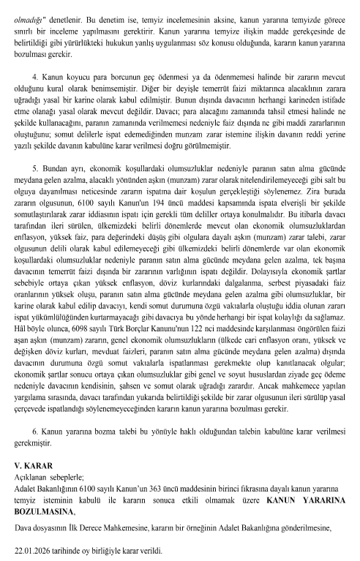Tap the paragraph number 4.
35,76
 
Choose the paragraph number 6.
35,425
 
